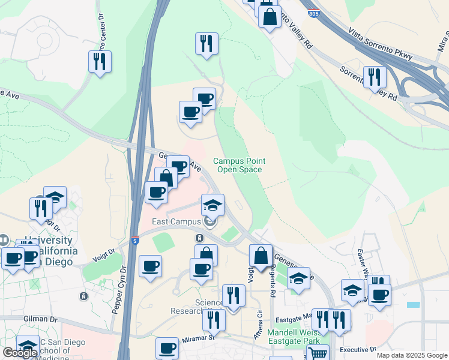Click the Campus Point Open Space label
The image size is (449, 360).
click(239, 165)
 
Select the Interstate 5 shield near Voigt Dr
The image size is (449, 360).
click(136, 241)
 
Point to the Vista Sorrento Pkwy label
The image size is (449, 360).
click(381, 45)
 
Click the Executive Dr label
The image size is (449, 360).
click(357, 349)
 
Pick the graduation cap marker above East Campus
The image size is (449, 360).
click(212, 205)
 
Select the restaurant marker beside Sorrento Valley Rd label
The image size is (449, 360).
click(375, 77)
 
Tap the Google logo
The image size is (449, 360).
click(19, 353)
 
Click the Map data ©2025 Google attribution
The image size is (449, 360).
click(411, 355)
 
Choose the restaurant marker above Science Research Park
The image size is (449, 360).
click(233, 295)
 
